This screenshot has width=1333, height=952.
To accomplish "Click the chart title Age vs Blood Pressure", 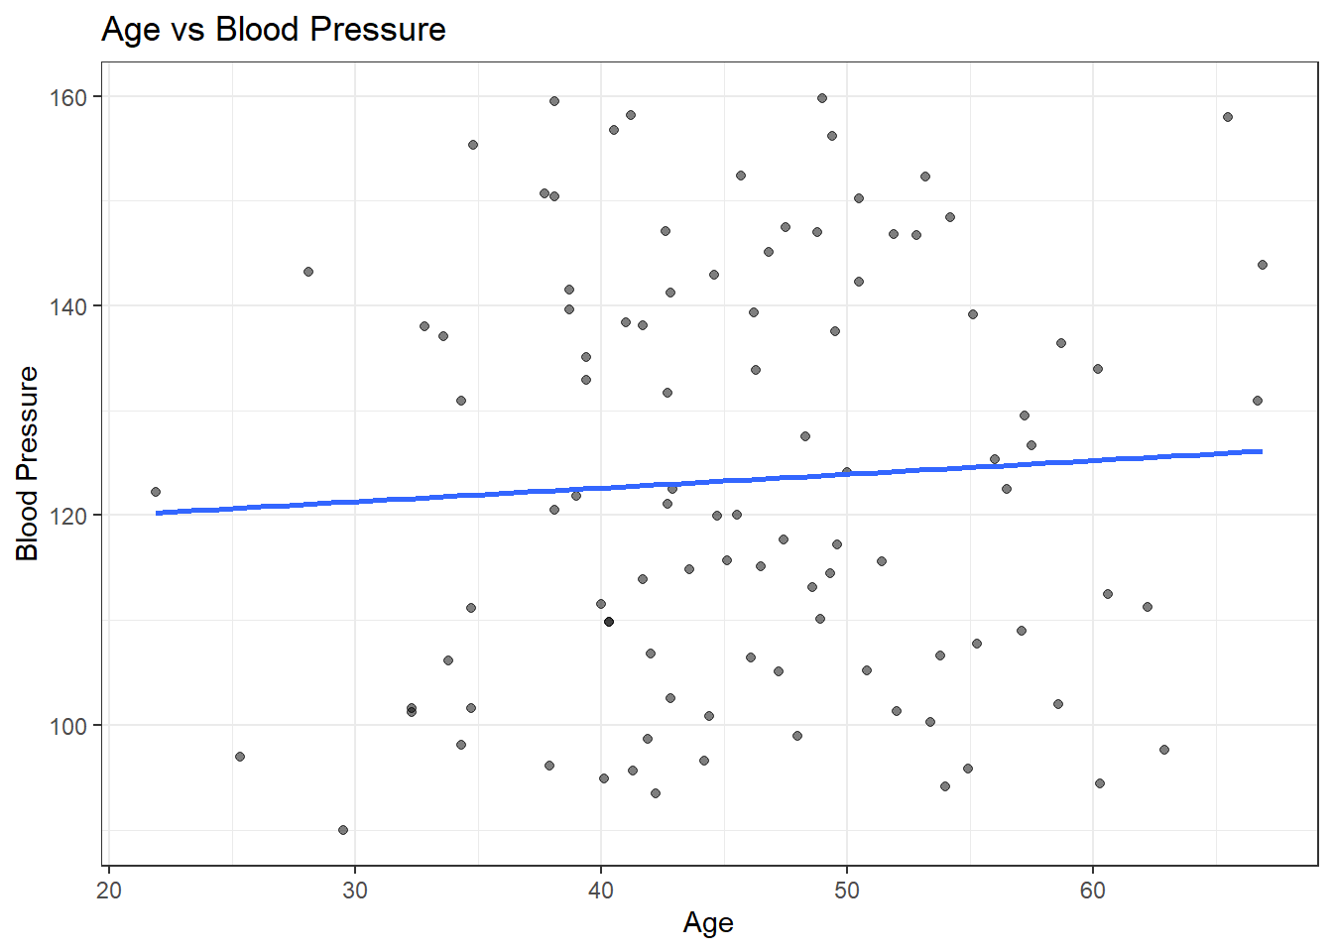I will click(274, 30).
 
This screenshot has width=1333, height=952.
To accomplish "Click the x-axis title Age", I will click(708, 923).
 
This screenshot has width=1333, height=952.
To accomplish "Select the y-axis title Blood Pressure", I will click(28, 463).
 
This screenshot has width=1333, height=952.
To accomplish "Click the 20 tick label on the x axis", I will click(109, 891).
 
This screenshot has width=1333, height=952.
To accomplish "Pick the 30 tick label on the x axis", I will click(355, 891).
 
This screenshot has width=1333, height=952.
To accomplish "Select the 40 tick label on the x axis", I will click(601, 891).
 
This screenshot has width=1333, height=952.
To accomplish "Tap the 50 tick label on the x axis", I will click(847, 891).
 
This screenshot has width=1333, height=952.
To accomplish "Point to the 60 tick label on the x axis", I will click(1092, 891).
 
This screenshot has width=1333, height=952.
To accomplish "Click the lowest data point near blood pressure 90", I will click(343, 830).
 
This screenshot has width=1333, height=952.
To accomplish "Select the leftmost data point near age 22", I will click(156, 492).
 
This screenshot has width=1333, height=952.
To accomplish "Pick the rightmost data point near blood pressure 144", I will click(1263, 265).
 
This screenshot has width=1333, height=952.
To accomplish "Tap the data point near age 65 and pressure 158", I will click(1228, 117).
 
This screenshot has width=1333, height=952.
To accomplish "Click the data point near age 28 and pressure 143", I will click(308, 272).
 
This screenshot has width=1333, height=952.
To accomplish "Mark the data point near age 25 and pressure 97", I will click(240, 757).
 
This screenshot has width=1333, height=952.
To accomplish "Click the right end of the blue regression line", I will click(1262, 451).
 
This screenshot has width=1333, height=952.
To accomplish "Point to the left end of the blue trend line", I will click(157, 513).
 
